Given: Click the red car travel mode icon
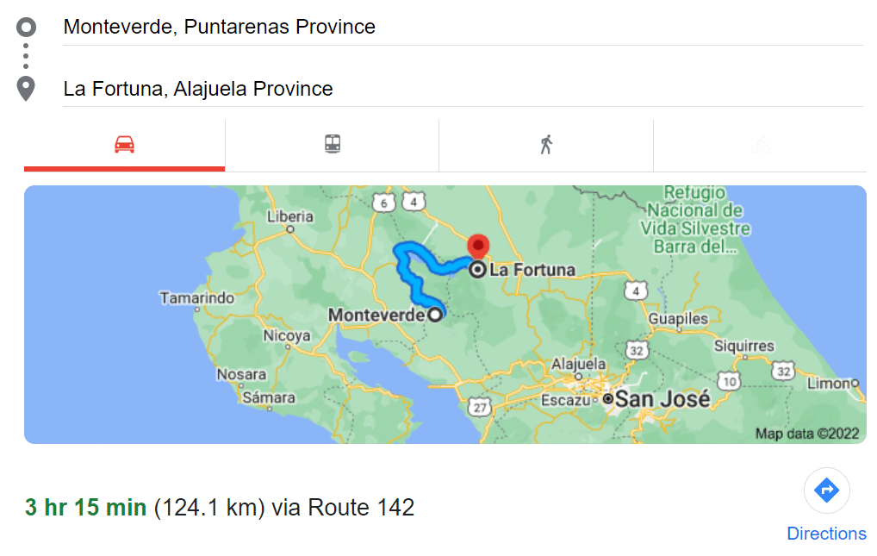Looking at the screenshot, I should [x=124, y=144].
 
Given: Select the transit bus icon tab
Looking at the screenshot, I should [x=333, y=144].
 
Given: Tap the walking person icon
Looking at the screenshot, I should [x=545, y=144].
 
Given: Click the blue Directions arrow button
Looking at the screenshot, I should [x=826, y=490].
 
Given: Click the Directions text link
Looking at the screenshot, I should [x=826, y=534].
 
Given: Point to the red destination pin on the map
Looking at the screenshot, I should [x=477, y=246].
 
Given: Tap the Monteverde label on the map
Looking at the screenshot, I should [x=376, y=315].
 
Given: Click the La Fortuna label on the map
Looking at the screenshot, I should [x=532, y=270].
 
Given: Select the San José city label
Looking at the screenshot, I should [x=662, y=400].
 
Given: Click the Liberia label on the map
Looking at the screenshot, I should [x=289, y=216].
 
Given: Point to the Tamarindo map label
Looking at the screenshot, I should [x=196, y=298].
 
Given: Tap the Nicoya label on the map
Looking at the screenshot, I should [x=286, y=335].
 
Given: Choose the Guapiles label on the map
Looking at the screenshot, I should [x=678, y=319].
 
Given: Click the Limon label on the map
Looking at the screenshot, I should [x=828, y=383].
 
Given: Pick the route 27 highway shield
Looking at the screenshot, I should [x=479, y=406].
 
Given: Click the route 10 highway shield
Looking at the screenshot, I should [x=730, y=380].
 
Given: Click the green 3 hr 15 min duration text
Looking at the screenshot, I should [x=85, y=508].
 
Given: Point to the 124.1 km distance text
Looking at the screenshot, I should [x=208, y=508].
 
